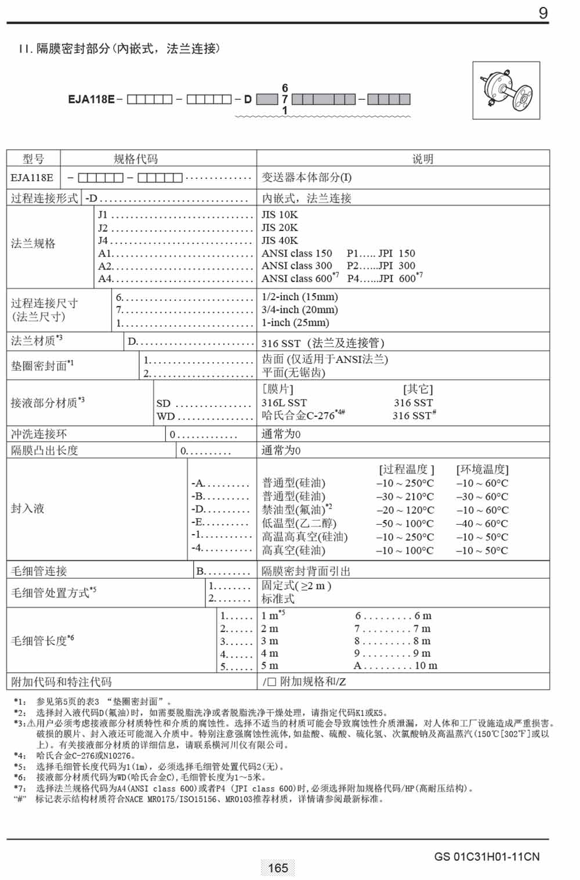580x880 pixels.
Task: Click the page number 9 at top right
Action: pyautogui.click(x=543, y=13)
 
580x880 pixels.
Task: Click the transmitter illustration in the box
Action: pyautogui.click(x=506, y=91)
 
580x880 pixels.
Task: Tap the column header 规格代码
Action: pyautogui.click(x=136, y=158)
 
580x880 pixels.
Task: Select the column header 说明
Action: pyautogui.click(x=422, y=158)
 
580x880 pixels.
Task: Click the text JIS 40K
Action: pyautogui.click(x=280, y=240)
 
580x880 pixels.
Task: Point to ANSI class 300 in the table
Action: pyautogui.click(x=296, y=266)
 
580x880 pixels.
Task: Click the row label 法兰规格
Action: pyautogui.click(x=33, y=244)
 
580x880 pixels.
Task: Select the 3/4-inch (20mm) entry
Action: pyautogui.click(x=299, y=310)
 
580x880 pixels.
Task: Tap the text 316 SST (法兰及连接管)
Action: pyautogui.click(x=322, y=343)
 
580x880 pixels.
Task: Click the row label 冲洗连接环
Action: pyautogui.click(x=39, y=434)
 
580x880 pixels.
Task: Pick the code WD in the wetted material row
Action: pyautogui.click(x=165, y=416)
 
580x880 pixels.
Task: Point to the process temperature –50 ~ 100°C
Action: pyautogui.click(x=405, y=524)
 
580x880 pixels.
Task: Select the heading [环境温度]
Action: pyautogui.click(x=482, y=469)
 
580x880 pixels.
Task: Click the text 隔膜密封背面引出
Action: pyautogui.click(x=306, y=571)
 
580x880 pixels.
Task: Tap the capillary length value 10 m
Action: pyautogui.click(x=426, y=666)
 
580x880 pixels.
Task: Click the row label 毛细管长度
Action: pyautogui.click(x=42, y=641)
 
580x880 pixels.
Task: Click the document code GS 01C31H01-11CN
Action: pyautogui.click(x=487, y=856)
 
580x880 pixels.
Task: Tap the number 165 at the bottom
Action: pyautogui.click(x=278, y=868)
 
